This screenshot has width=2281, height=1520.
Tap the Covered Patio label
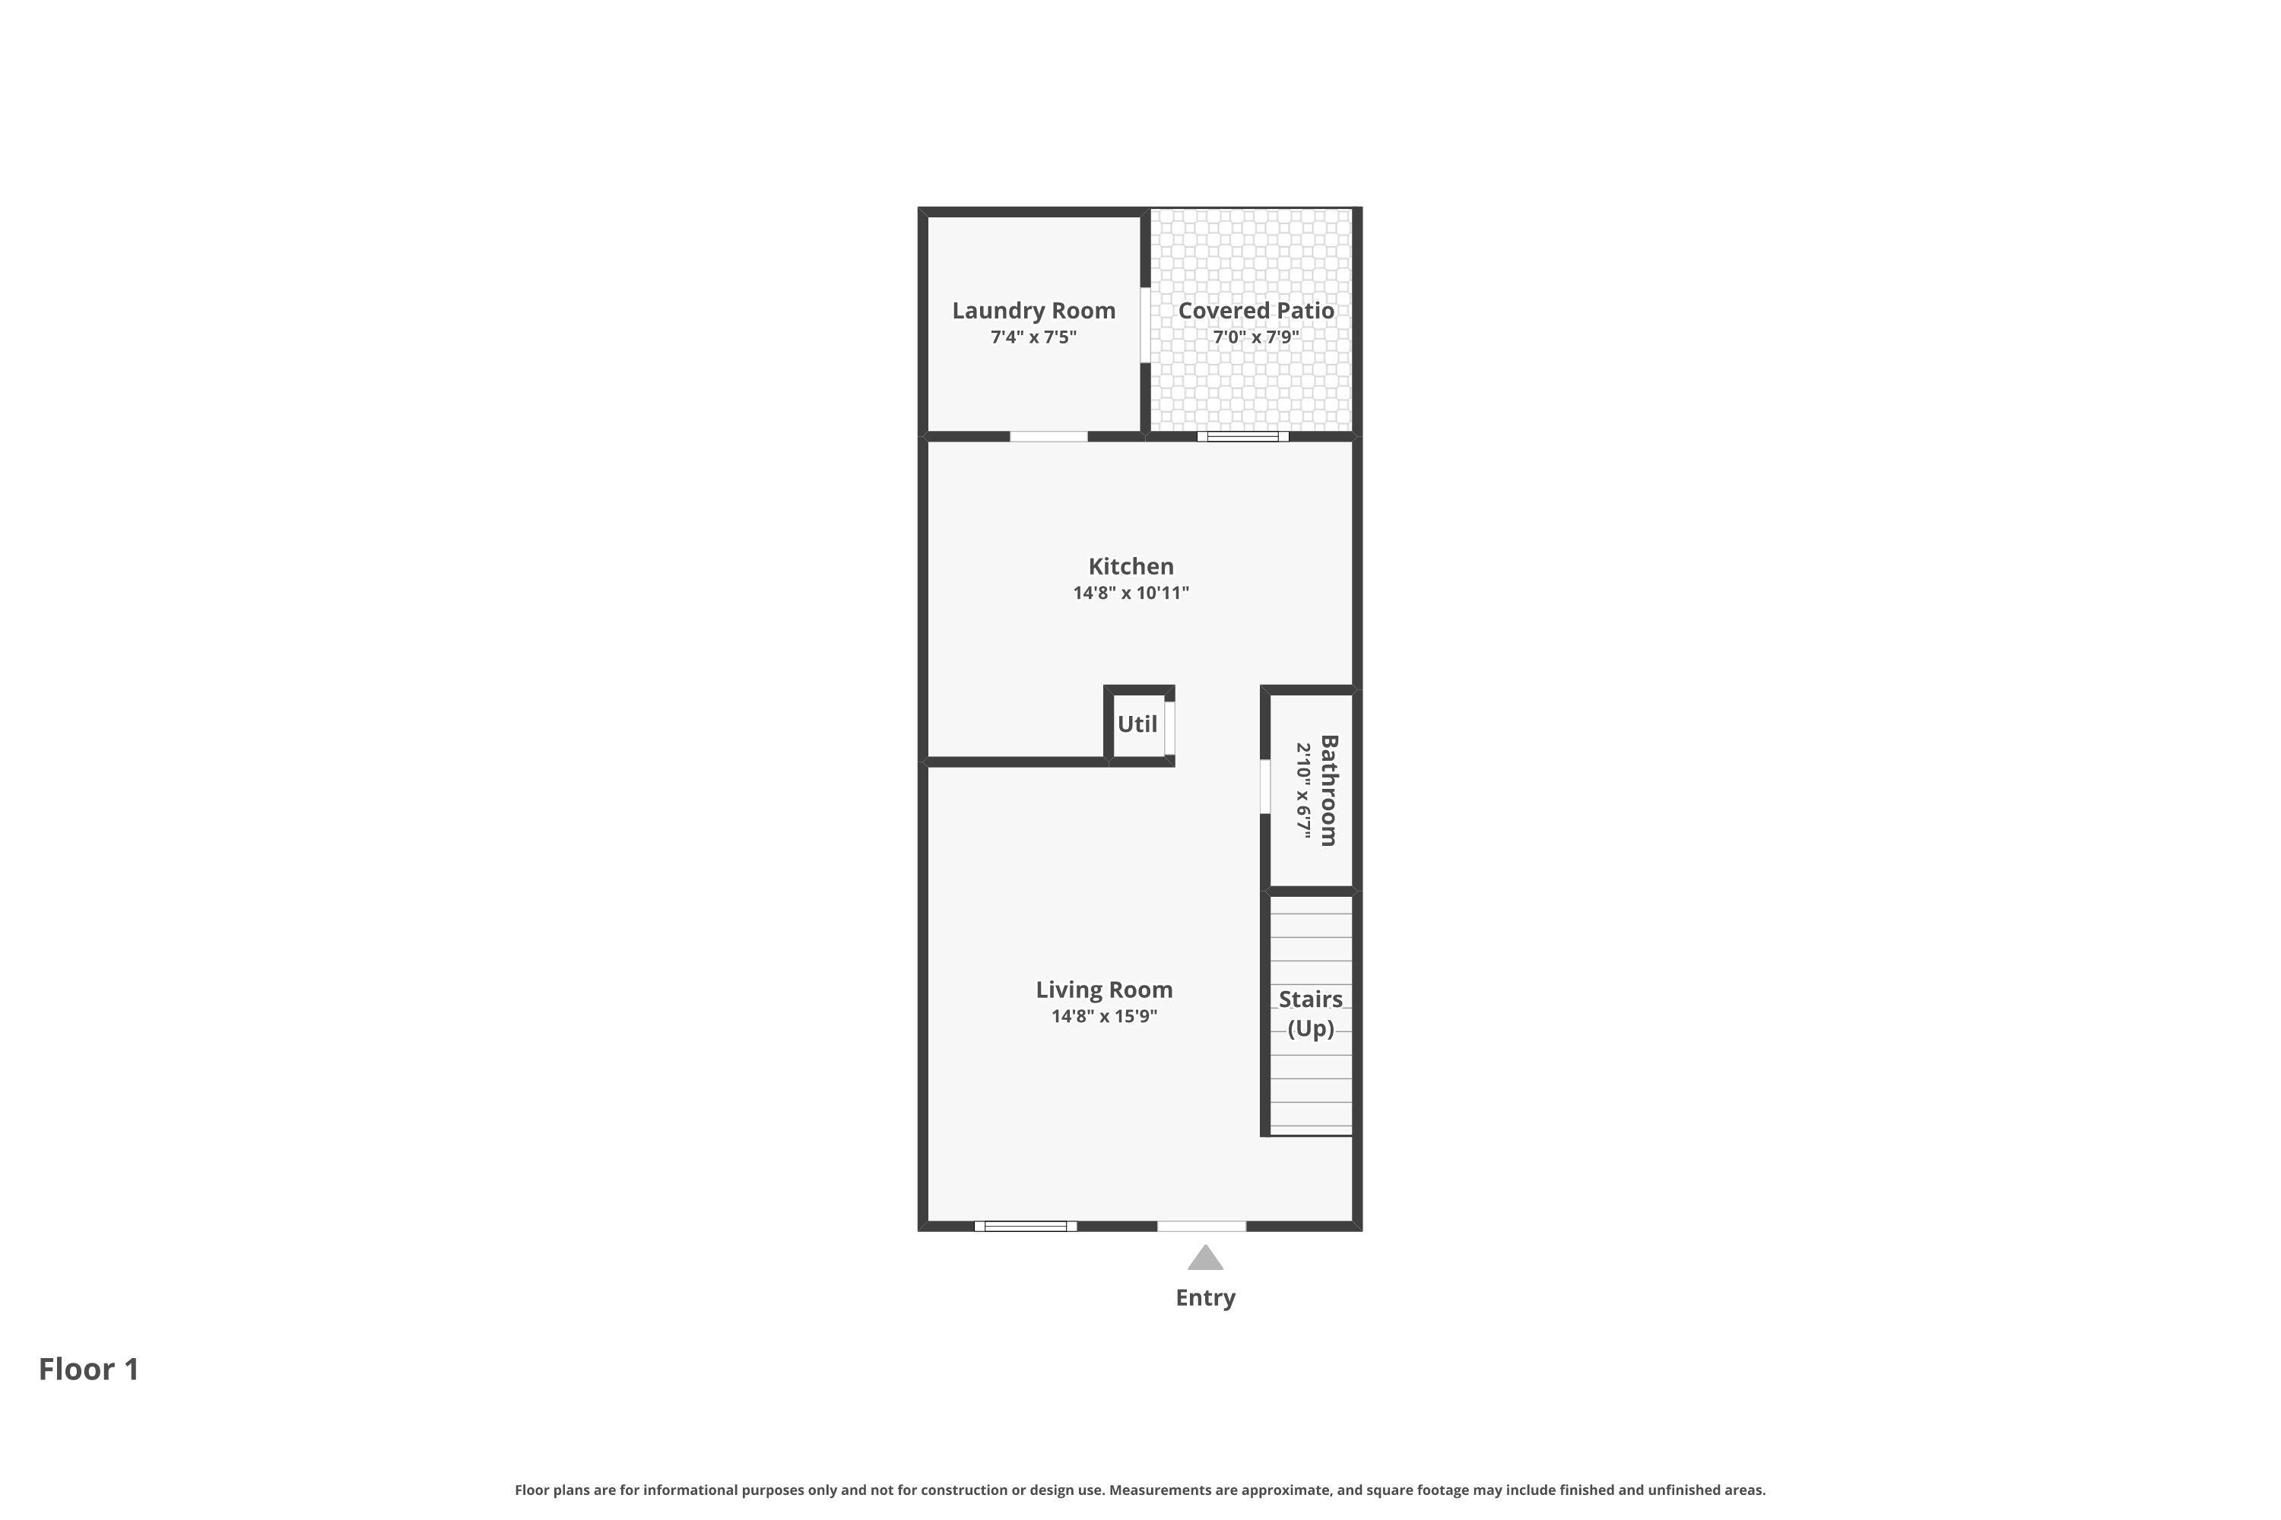click(x=1256, y=310)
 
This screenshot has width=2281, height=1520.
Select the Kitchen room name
click(x=1131, y=566)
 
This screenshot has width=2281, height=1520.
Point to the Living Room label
click(x=1104, y=990)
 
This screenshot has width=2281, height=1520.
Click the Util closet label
click(x=1137, y=724)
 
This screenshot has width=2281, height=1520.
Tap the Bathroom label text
click(x=1328, y=790)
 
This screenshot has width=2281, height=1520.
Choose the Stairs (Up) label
click(x=1310, y=1013)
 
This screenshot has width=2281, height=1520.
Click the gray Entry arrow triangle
click(x=1204, y=1259)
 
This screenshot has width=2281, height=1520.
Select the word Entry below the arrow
click(x=1204, y=1298)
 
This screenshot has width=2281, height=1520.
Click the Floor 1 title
click(x=89, y=1369)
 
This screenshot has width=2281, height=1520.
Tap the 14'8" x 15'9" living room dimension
click(x=1104, y=1017)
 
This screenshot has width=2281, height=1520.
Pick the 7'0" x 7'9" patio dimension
click(x=1256, y=337)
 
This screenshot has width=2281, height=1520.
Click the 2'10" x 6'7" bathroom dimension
click(x=1305, y=790)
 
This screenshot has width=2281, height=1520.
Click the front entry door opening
click(x=1201, y=1227)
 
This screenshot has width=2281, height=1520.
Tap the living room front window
click(x=1025, y=1227)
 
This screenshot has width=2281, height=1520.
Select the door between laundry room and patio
click(x=1145, y=325)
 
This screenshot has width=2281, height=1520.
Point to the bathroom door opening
click(x=1264, y=786)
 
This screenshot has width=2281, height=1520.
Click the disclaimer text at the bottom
click(x=1140, y=1490)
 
